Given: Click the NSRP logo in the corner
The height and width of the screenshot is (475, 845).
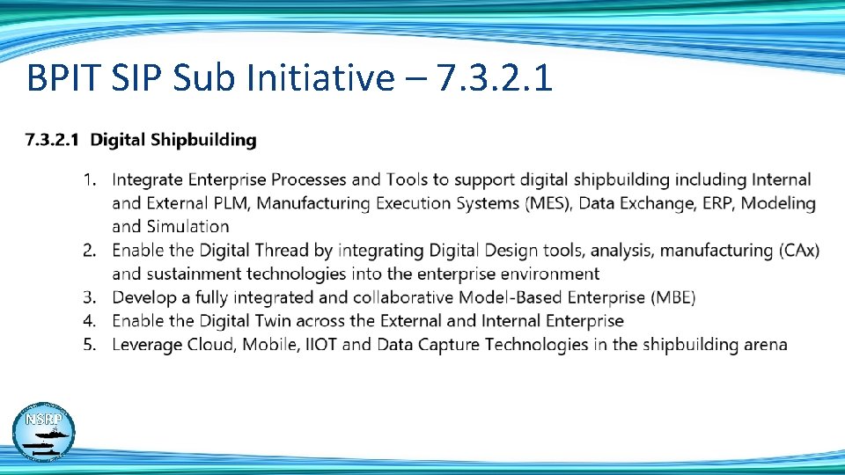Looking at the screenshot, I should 43,434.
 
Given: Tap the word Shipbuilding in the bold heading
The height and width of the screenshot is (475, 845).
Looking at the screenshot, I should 203,140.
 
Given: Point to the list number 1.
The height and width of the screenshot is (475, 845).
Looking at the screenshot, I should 89,180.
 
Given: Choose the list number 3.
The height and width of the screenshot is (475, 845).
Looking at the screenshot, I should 89,297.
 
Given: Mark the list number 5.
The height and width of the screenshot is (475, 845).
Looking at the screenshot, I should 89,344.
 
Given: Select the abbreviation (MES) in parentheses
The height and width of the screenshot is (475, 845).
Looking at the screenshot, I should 547,203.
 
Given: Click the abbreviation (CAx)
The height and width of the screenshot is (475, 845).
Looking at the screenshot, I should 798,251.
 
